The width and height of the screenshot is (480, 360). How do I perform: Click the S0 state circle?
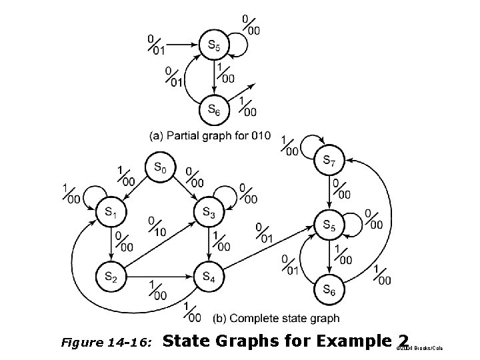click(x=159, y=168)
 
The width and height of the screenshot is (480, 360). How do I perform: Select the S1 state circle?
click(x=111, y=212)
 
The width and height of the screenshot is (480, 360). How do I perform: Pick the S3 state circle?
click(x=207, y=212)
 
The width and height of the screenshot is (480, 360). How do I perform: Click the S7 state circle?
click(x=329, y=161)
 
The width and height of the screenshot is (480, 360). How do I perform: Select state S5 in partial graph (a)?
click(x=214, y=45)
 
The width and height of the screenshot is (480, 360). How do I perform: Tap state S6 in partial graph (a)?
click(x=214, y=107)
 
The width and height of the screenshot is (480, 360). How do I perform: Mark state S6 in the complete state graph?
click(x=329, y=289)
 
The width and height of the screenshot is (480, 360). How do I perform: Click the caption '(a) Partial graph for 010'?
click(x=211, y=135)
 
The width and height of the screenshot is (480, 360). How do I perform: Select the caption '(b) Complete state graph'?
click(x=276, y=318)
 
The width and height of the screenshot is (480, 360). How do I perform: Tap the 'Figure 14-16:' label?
click(x=107, y=343)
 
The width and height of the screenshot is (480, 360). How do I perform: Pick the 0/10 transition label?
click(x=156, y=226)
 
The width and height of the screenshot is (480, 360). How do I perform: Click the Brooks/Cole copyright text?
click(x=420, y=349)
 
